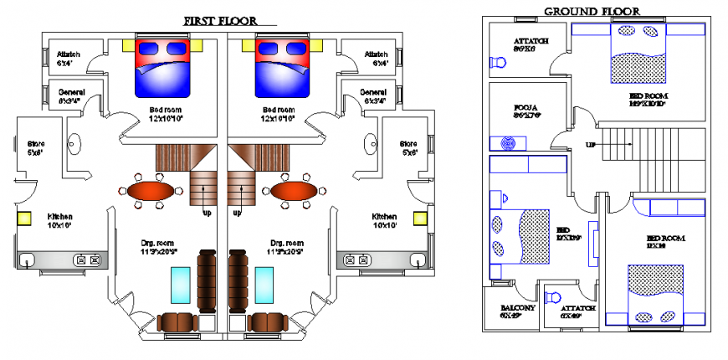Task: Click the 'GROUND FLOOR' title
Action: point(592,11)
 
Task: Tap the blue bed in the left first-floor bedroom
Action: point(163,67)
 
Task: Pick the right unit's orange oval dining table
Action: point(295,191)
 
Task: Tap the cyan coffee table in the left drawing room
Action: point(180,285)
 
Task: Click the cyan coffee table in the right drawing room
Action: point(266,285)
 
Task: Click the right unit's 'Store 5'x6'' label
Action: point(408,147)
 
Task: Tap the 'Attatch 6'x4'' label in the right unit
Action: point(376,59)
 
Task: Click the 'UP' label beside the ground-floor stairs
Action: point(591,145)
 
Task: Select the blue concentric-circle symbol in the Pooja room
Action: point(506,143)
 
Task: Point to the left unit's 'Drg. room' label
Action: point(156,247)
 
